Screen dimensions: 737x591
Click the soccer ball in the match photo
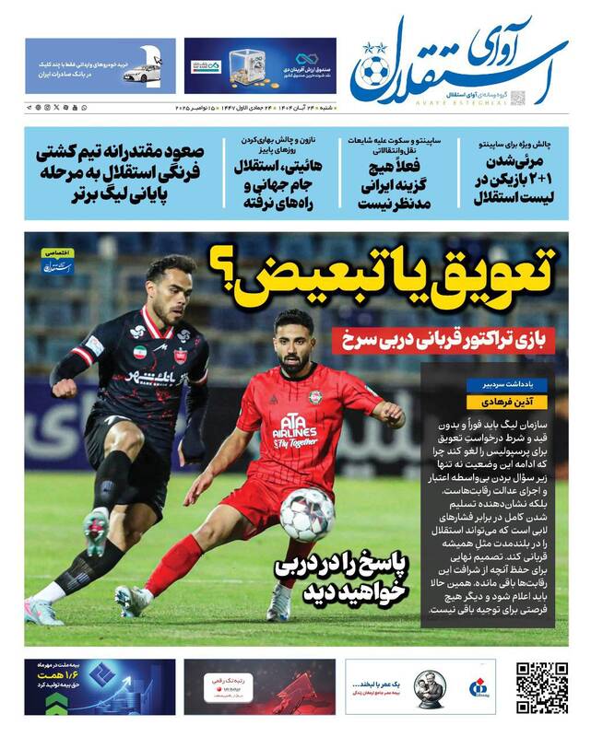coord(307,513)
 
